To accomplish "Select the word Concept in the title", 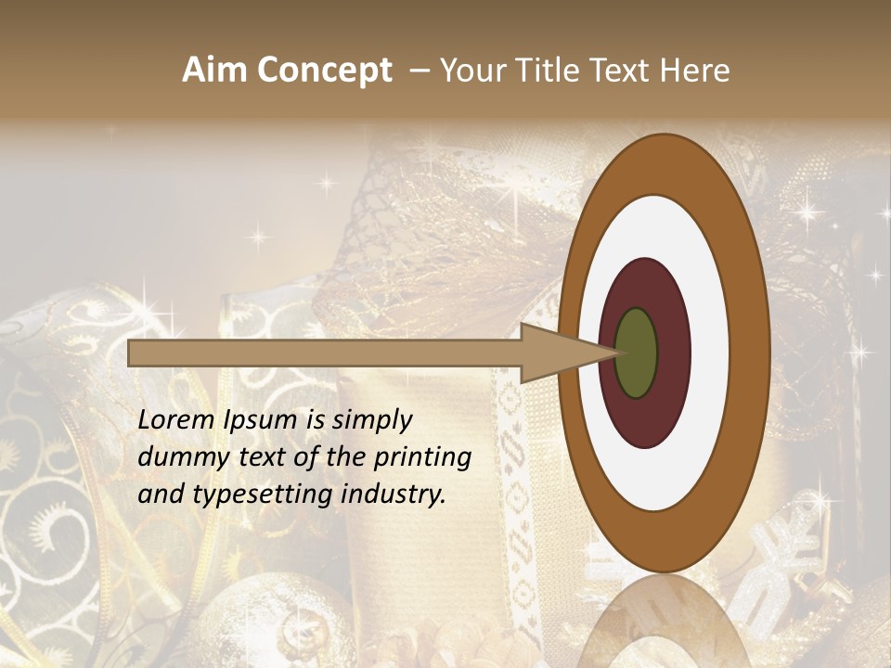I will [322, 71].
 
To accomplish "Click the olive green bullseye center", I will [637, 353].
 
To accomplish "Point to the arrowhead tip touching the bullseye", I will [615, 353].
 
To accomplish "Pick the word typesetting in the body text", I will [249, 495].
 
